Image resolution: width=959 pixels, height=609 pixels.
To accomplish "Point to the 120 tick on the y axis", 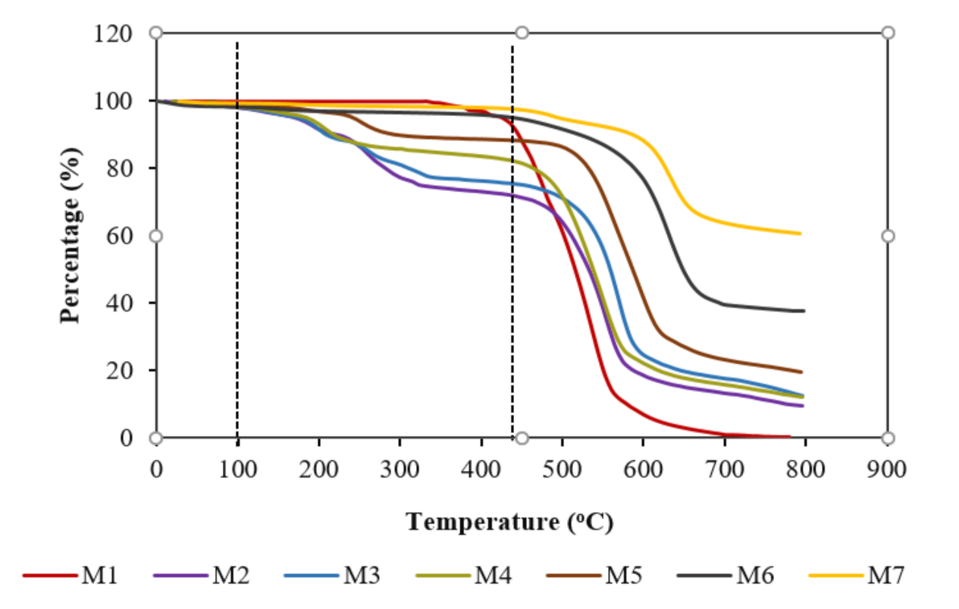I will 115,33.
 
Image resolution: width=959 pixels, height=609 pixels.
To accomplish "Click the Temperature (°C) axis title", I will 509,522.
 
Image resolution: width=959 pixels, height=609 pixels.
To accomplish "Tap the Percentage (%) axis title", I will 71,235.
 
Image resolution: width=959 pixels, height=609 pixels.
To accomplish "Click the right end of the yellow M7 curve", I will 800,234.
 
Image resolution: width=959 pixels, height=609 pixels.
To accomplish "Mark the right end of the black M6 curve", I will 804,311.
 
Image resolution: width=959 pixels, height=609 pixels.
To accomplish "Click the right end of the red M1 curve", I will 789,437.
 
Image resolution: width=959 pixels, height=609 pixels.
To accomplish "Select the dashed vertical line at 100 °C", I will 237,228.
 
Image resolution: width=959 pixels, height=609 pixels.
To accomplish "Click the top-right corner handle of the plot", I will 888,33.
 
